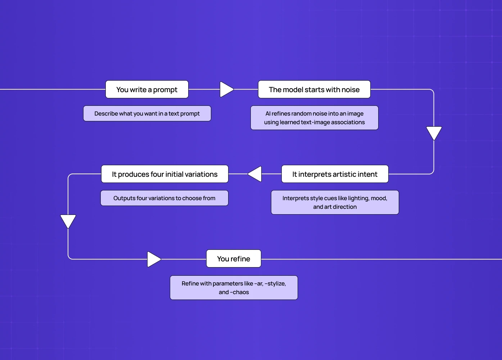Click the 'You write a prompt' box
pyautogui.click(x=147, y=89)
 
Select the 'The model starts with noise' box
pyautogui.click(x=314, y=89)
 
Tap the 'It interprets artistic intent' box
pyautogui.click(x=335, y=174)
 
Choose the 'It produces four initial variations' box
pyautogui.click(x=164, y=174)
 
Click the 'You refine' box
pyautogui.click(x=234, y=258)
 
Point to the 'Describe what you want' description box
pyautogui.click(x=147, y=113)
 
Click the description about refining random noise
pyautogui.click(x=314, y=118)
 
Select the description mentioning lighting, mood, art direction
pyautogui.click(x=335, y=202)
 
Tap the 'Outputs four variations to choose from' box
pyautogui.click(x=164, y=198)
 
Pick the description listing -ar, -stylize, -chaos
pyautogui.click(x=234, y=288)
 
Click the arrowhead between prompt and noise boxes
pyautogui.click(x=226, y=89)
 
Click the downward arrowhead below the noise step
pyautogui.click(x=434, y=132)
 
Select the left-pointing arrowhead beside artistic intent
pyautogui.click(x=255, y=174)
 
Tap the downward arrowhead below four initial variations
pyautogui.click(x=68, y=220)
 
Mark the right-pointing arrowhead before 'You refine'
pyautogui.click(x=153, y=259)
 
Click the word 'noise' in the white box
pyautogui.click(x=350, y=90)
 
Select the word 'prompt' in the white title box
pyautogui.click(x=165, y=90)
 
